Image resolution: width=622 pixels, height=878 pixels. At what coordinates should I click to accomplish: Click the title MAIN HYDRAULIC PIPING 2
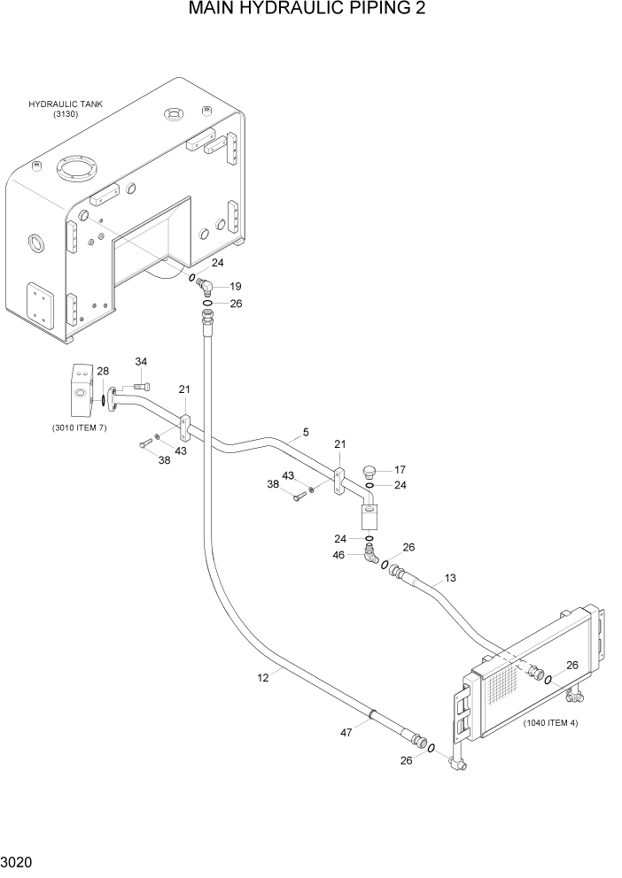click(x=310, y=11)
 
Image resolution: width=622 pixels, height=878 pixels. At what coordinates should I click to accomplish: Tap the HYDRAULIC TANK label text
click(x=66, y=104)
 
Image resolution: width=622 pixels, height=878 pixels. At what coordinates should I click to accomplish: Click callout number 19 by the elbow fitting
click(x=236, y=287)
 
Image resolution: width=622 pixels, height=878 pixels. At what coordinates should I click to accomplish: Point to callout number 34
click(x=141, y=361)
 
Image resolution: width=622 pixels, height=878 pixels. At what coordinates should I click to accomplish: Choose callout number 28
click(x=103, y=371)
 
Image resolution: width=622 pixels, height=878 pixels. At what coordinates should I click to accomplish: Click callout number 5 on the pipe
click(x=306, y=432)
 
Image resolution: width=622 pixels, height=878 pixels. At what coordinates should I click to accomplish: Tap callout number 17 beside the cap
click(x=400, y=470)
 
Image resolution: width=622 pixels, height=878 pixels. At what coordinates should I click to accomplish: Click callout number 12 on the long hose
click(x=263, y=677)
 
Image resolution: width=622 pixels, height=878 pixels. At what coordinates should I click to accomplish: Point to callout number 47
click(x=346, y=732)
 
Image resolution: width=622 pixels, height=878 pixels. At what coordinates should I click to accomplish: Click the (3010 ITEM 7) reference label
click(x=82, y=428)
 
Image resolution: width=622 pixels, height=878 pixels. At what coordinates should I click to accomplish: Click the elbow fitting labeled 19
click(x=204, y=287)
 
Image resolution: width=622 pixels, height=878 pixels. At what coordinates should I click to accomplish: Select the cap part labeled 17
click(x=370, y=470)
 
